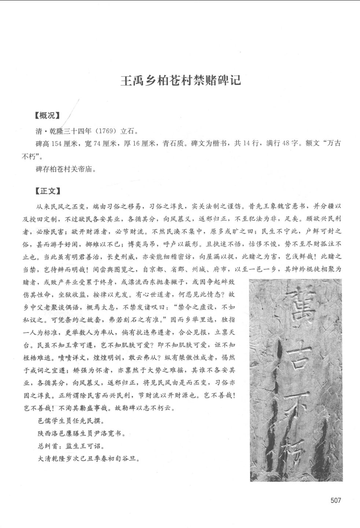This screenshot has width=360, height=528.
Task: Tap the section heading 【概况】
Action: pos(47,116)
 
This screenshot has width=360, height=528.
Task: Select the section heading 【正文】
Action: pos(47,191)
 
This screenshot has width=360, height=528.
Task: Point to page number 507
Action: pos(335,500)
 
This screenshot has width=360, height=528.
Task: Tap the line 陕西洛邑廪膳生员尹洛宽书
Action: pos(81,433)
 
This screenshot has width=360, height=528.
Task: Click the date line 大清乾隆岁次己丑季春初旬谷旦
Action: pos(88,459)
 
